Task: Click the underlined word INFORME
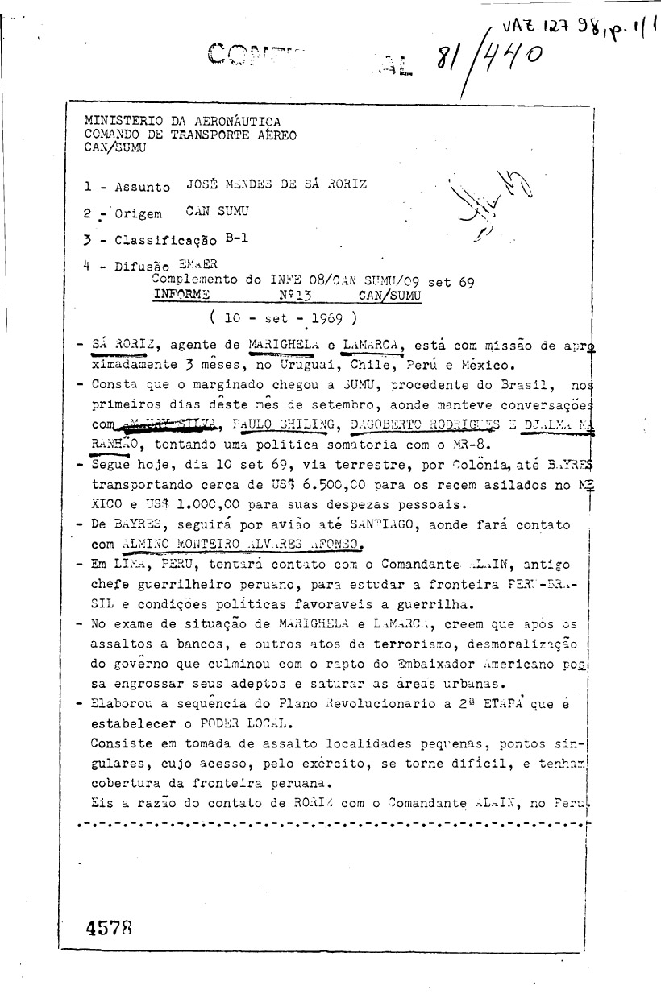tap(181, 295)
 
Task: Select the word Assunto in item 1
tap(143, 187)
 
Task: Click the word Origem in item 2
tap(139, 214)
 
